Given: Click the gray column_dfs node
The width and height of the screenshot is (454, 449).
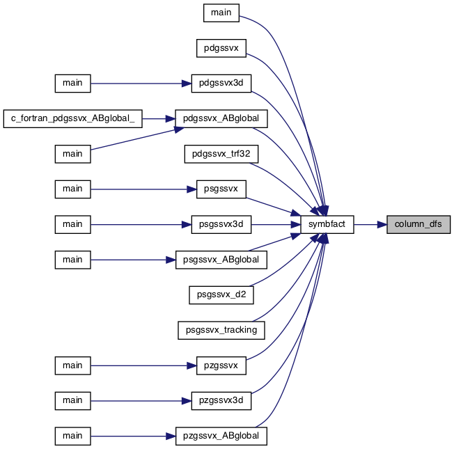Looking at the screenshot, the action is tap(418, 224).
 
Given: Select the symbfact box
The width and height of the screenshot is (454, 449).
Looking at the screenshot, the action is tap(327, 224).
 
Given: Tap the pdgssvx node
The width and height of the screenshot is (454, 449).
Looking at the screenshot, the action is tap(221, 48).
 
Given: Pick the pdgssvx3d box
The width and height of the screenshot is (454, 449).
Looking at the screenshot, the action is tap(221, 84).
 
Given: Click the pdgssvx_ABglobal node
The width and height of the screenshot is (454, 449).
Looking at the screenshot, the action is tap(221, 119).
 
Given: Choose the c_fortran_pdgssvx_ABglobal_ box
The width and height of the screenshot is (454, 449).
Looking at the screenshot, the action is tap(72, 119).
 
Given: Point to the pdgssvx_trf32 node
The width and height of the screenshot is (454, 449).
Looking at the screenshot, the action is tap(221, 154).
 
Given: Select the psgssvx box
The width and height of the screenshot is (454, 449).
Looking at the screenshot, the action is tap(221, 189).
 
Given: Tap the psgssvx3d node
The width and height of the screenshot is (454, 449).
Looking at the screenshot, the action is tap(221, 224).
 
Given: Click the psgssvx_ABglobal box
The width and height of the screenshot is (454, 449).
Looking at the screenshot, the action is tap(221, 260).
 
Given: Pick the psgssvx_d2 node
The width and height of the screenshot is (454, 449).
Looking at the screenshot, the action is tap(221, 295).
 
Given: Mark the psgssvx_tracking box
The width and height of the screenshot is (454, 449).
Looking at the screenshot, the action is tap(221, 330).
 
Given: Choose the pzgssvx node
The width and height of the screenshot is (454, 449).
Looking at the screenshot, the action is tap(221, 365).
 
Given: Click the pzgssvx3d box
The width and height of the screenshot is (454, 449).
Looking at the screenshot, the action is tap(221, 401).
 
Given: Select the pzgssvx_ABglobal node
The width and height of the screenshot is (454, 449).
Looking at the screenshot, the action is tap(221, 436).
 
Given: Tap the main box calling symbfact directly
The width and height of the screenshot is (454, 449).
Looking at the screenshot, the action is tap(221, 13).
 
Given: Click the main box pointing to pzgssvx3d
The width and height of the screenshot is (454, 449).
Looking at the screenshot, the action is tap(72, 401).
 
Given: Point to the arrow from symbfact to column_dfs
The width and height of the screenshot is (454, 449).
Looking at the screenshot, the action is tap(370, 224).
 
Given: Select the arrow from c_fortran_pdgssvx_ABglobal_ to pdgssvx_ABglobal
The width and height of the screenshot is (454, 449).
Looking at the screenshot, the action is tap(159, 119).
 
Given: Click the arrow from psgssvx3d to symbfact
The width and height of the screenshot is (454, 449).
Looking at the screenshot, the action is tap(276, 224).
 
